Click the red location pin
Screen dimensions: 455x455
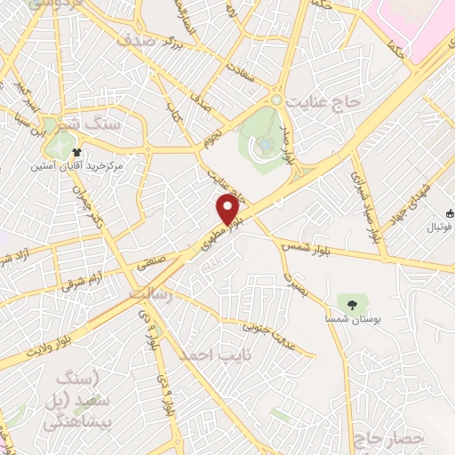[x=228, y=210]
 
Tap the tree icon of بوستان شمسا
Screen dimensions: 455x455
[x=352, y=305]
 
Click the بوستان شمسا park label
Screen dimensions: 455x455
[x=352, y=319]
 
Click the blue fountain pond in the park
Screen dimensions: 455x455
[x=266, y=144]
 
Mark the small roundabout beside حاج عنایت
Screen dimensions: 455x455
[x=276, y=100]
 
